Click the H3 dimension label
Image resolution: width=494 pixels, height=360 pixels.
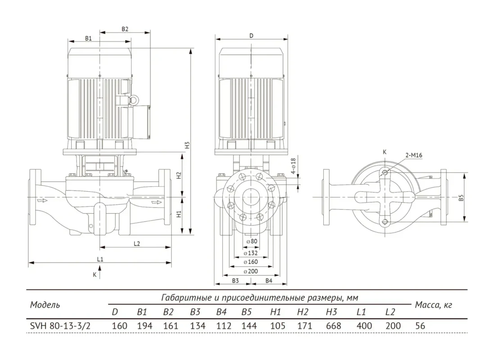click(187, 145)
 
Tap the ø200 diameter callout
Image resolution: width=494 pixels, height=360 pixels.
click(251, 271)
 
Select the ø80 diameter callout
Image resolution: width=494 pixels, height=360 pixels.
click(252, 241)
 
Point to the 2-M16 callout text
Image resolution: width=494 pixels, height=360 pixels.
click(414, 155)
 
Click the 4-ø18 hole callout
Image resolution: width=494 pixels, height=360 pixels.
click(293, 166)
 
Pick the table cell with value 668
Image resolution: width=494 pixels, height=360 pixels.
click(333, 326)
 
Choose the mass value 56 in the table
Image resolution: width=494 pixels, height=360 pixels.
click(420, 326)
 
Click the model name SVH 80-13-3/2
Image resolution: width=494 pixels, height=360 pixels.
click(60, 326)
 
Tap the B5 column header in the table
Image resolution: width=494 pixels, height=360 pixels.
click(246, 312)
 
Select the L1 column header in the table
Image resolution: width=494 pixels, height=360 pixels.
click(361, 312)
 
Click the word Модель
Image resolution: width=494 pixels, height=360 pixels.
click(45, 305)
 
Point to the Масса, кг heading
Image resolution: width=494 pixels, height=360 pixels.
click(434, 305)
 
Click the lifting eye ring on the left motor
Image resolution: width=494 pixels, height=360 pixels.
click(134, 100)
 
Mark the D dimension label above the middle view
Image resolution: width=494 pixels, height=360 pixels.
click(251, 36)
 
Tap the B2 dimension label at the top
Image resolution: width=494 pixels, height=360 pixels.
click(125, 29)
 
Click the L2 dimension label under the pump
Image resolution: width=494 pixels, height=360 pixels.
click(136, 243)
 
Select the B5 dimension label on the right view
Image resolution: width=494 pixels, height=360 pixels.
click(461, 198)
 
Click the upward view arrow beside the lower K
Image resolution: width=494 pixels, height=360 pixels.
click(100, 272)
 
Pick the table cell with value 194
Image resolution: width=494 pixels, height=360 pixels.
click(145, 326)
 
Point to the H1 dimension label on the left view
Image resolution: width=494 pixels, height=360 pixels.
click(179, 214)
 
